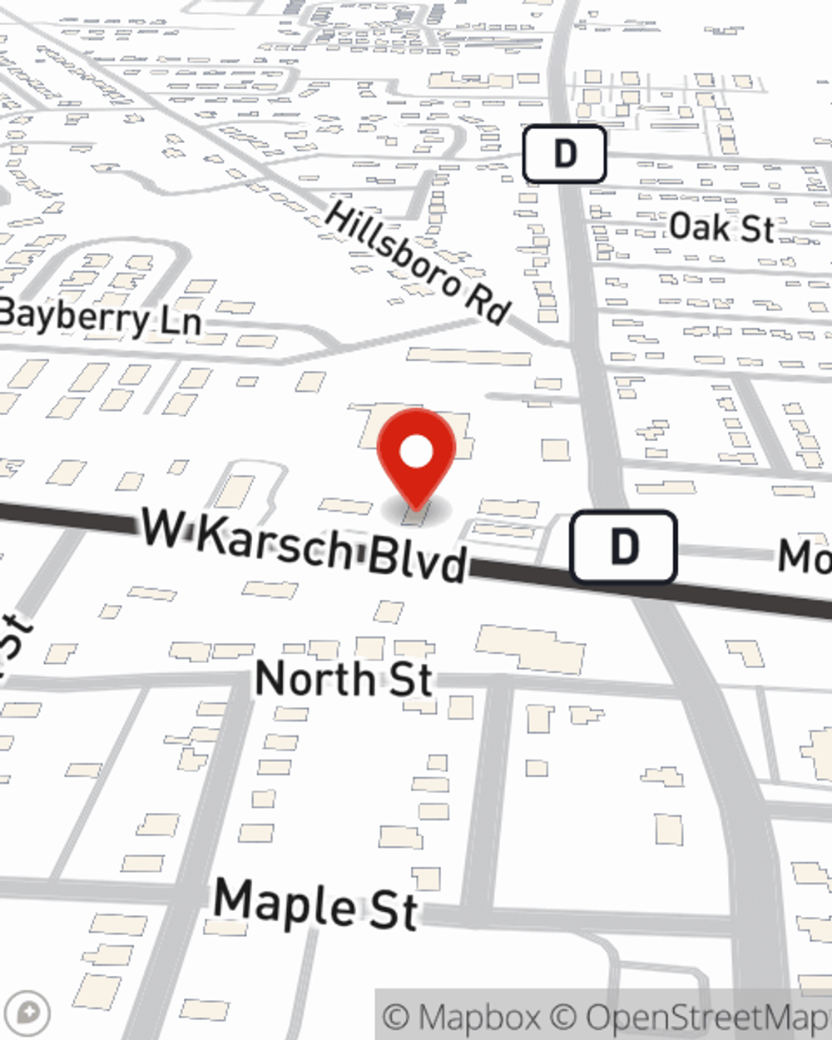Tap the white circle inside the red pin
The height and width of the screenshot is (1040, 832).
(x=416, y=453)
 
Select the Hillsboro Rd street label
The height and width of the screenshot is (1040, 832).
(x=417, y=263)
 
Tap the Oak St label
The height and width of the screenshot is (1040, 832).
(x=721, y=227)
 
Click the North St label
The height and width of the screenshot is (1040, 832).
(x=344, y=678)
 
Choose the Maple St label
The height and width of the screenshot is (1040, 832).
(x=315, y=904)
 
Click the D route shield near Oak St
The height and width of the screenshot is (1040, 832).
(x=564, y=154)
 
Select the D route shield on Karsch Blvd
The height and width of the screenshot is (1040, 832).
(x=623, y=547)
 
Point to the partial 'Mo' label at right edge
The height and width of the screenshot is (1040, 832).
(x=805, y=556)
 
